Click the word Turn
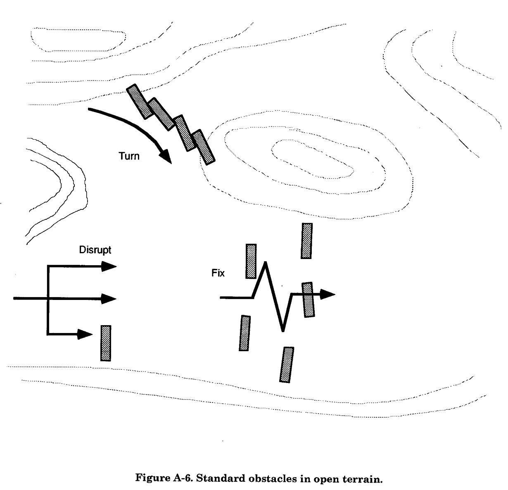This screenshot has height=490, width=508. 129,156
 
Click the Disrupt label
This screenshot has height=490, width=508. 95,250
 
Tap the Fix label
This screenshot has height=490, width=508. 218,273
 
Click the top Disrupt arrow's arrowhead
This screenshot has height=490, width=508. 110,266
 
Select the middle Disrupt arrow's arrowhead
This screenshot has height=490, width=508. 110,298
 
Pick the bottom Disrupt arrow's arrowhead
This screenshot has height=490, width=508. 86,334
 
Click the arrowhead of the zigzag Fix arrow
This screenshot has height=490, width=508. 328,294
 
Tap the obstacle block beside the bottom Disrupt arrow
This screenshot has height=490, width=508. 106,343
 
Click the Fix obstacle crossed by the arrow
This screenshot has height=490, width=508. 308,300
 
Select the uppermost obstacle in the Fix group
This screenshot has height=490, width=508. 306,241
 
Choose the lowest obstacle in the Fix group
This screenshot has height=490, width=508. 287,365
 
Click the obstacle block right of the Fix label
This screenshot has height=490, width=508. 251,261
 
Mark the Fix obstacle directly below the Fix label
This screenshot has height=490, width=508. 245,333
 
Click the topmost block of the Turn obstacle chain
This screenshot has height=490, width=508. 138,102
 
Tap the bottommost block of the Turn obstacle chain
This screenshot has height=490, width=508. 204,147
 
